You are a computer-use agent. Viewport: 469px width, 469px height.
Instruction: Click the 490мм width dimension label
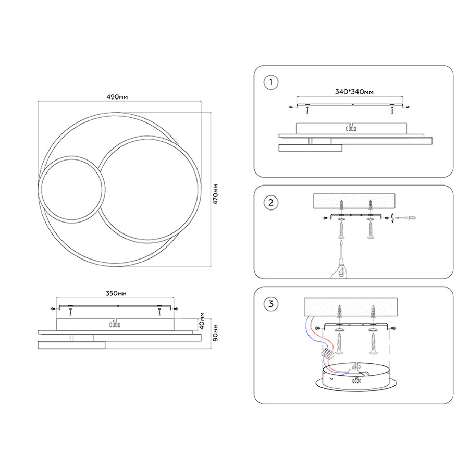(x=117, y=97)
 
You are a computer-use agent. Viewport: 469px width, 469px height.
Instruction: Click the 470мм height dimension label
(x=215, y=194)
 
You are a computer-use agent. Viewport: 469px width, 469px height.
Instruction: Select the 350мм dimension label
(x=116, y=293)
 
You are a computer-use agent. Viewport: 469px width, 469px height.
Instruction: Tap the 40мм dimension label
(x=202, y=321)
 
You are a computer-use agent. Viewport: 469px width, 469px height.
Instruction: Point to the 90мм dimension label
(x=215, y=332)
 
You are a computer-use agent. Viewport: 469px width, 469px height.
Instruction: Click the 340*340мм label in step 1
(x=354, y=92)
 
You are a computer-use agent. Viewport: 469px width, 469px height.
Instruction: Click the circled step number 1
(x=271, y=82)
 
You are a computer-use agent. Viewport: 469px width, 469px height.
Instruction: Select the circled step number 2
(x=271, y=203)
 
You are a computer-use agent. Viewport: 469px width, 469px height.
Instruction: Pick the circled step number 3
(x=271, y=304)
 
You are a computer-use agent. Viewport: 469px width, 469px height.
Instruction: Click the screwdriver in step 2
(x=341, y=257)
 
